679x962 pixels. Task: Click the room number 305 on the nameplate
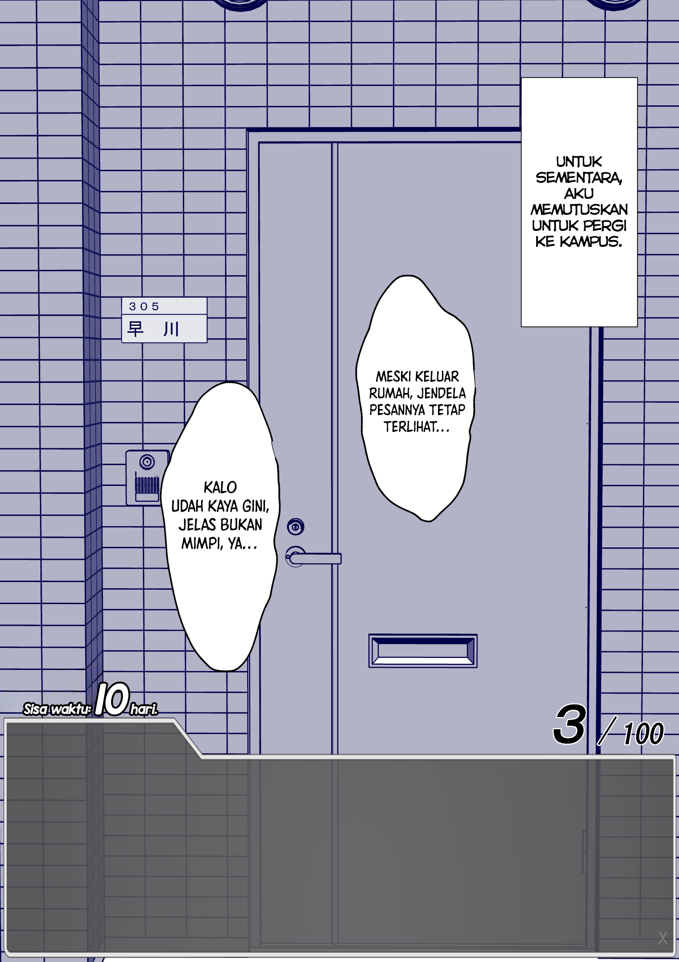tap(144, 306)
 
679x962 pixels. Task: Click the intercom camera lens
tap(147, 462)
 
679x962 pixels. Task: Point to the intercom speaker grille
tap(147, 484)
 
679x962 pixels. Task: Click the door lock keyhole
tap(296, 527)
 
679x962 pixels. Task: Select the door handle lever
tap(315, 558)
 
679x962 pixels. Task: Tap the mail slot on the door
tap(423, 651)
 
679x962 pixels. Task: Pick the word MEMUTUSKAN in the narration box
tap(579, 210)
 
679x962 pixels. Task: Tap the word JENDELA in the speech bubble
tap(441, 393)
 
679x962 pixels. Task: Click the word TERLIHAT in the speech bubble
tap(411, 427)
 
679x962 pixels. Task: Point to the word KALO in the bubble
tap(220, 487)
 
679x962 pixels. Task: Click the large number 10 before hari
tap(112, 699)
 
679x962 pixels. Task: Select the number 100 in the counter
tap(643, 734)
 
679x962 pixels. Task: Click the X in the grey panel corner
tap(663, 938)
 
